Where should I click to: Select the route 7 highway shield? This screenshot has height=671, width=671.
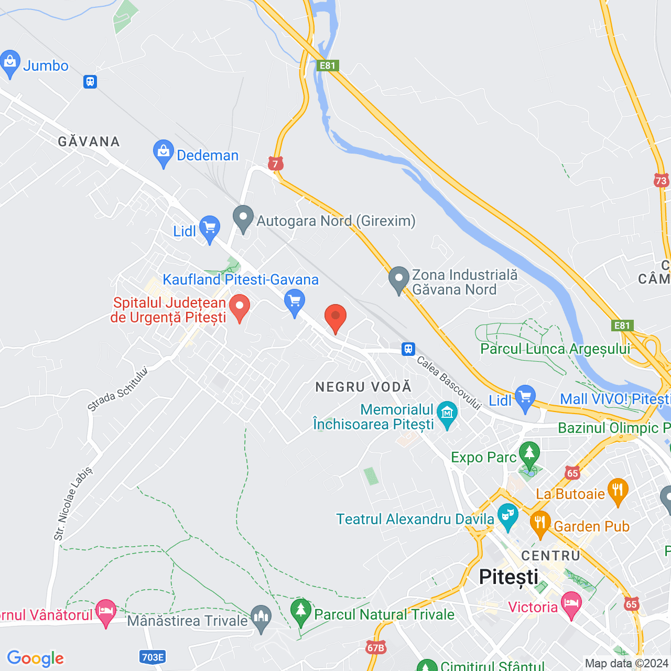275,164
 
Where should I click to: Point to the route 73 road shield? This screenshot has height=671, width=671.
661,181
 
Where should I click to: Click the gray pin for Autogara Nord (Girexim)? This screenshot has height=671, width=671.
243,219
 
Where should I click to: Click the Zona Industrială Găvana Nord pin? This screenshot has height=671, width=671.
399,279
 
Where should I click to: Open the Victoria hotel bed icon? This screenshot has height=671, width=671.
571,604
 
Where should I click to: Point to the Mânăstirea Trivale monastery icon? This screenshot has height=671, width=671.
261,618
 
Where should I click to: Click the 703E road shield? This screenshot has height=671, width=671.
153,657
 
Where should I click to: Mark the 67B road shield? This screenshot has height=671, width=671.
376,647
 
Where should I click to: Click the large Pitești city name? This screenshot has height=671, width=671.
508,577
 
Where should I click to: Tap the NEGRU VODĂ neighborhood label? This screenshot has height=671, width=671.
363,387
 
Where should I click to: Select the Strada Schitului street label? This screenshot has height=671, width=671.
118,389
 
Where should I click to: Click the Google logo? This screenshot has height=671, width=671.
35,658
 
